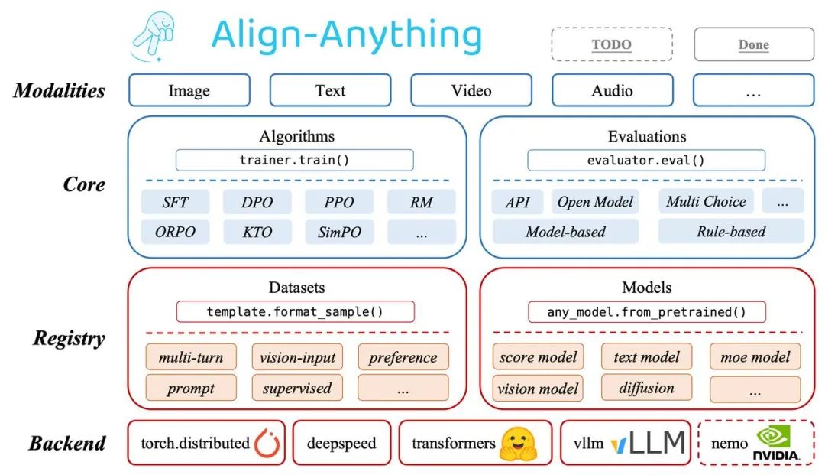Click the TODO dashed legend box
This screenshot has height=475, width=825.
point(611,44)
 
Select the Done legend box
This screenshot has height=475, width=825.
point(754,44)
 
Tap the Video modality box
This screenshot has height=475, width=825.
point(471,90)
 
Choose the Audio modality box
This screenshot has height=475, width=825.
point(612,90)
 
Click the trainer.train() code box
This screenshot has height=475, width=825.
point(295,160)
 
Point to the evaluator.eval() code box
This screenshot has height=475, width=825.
point(646,160)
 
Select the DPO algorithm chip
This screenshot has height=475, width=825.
point(257,202)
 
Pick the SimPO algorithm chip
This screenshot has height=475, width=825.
point(339,232)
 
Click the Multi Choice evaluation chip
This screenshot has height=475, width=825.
point(706,201)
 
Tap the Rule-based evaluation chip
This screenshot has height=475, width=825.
point(731,231)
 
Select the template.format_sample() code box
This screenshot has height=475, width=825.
point(295,312)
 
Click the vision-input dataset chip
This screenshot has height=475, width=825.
point(297,357)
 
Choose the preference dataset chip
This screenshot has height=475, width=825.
point(403,357)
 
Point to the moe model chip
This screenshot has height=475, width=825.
point(755,357)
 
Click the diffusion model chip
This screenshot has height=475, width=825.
point(647,388)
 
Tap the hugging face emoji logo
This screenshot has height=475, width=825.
point(518,444)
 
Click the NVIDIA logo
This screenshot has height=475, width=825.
point(775,443)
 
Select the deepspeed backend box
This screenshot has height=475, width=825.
point(341,443)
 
